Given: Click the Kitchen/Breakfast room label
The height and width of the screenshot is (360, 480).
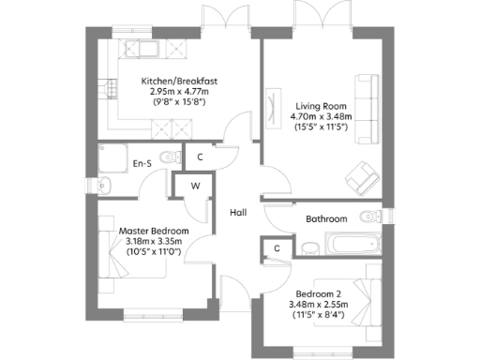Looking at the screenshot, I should [179, 81].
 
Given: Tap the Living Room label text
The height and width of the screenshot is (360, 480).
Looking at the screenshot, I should [321, 105].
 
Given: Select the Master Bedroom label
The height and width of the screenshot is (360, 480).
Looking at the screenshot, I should [154, 231].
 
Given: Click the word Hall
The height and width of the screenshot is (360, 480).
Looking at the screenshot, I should [238, 213].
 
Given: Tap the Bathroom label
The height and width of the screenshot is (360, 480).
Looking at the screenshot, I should [326, 218].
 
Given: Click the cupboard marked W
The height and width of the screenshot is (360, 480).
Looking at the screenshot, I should [195, 186].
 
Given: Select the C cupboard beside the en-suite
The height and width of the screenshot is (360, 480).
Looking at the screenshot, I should [199, 157].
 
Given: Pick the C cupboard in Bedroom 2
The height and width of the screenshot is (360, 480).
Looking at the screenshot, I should [276, 248].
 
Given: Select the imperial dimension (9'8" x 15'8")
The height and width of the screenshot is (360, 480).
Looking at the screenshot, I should [179, 101].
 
